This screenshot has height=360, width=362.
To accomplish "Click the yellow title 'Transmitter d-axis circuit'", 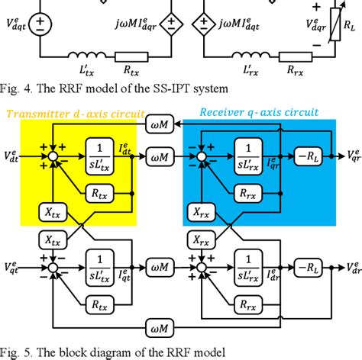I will coord(76,113).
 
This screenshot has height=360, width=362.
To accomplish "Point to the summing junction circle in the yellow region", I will coord(53,157).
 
